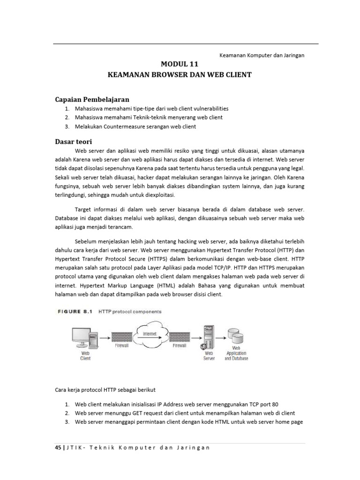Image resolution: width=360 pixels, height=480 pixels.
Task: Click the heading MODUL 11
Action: [180, 65]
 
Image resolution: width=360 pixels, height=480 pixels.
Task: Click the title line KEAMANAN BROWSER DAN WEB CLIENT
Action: [180, 75]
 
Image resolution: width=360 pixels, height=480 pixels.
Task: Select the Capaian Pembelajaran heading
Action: [92, 99]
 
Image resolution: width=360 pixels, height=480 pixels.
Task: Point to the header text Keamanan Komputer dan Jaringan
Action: [262, 55]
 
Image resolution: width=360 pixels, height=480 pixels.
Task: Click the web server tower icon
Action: [209, 337]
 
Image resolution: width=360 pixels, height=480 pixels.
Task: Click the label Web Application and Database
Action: [236, 353]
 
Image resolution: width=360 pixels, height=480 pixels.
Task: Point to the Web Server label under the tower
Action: [209, 355]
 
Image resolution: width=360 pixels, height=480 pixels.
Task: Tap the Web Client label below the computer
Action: [85, 355]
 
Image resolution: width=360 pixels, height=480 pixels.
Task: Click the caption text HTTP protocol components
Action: [130, 311]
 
